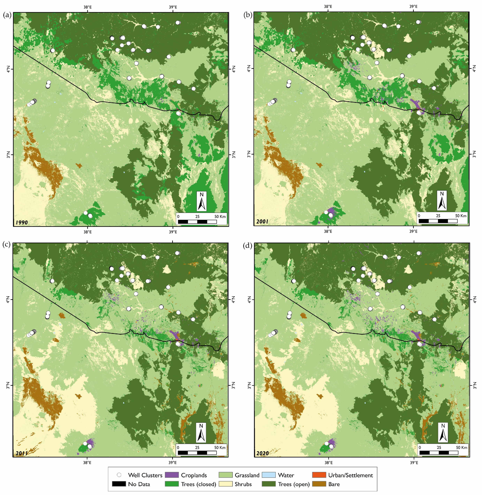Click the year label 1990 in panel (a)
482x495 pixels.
[22, 222]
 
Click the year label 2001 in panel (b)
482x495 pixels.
[262, 221]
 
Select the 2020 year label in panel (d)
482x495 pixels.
[262, 453]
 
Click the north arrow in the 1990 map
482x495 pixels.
[202, 201]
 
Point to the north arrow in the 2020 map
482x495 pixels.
[443, 432]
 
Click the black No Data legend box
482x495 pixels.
[119, 484]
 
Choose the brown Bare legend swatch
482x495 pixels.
[319, 484]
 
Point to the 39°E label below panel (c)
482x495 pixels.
[172, 463]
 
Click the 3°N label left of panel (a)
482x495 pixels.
[8, 155]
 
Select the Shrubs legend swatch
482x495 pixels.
[225, 484]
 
